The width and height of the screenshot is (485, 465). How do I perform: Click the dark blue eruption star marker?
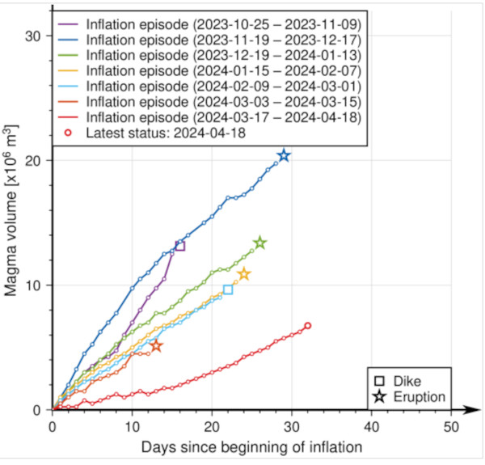[x=284, y=155]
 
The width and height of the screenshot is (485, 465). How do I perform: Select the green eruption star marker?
[x=259, y=243]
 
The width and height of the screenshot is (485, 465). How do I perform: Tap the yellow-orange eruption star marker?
[x=243, y=275]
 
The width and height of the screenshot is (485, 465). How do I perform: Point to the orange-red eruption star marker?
[x=156, y=346]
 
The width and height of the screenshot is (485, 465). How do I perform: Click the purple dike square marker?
[x=179, y=246]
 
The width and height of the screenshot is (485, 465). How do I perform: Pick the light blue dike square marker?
[x=228, y=290]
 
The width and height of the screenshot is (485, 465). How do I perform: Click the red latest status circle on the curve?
[x=307, y=326]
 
